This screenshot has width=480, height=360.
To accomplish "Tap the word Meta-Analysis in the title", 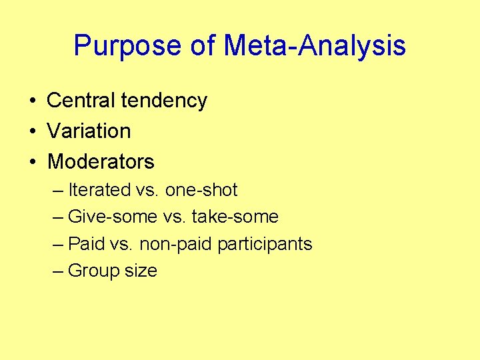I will click(315, 46).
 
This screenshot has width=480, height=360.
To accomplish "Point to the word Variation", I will click(89, 131).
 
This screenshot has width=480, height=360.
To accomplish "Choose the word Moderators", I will click(101, 161).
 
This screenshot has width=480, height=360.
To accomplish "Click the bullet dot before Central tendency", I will click(32, 101).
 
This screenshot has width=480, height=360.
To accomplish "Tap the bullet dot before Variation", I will click(32, 131).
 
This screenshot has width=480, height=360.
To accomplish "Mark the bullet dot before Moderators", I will click(32, 162).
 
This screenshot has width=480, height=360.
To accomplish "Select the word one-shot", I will click(201, 190).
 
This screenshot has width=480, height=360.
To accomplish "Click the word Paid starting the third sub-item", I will click(87, 244).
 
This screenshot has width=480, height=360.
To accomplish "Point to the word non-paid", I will click(168, 244).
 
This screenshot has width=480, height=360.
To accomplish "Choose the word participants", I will click(265, 245).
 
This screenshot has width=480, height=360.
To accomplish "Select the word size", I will click(140, 271).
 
